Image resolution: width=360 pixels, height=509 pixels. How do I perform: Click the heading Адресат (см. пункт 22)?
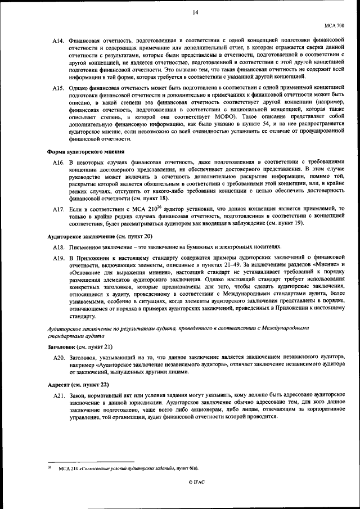(x=76, y=386)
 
